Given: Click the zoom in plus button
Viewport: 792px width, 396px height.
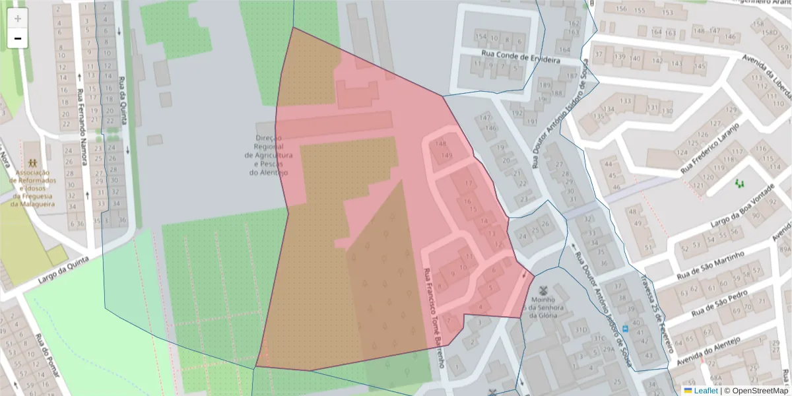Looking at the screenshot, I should pyautogui.click(x=17, y=18).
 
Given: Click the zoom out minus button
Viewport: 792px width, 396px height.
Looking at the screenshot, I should pyautogui.click(x=17, y=38).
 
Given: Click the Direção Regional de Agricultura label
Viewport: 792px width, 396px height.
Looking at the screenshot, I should pyautogui.click(x=269, y=155).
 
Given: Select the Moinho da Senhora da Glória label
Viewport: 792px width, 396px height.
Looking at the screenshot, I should pyautogui.click(x=544, y=307).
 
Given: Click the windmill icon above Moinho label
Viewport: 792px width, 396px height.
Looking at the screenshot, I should pyautogui.click(x=544, y=290).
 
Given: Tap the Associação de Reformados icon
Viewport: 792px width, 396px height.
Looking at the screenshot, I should pyautogui.click(x=32, y=163).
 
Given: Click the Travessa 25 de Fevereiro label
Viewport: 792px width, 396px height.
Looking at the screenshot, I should pyautogui.click(x=655, y=310).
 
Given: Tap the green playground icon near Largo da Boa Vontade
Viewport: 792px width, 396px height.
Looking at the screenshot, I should pyautogui.click(x=738, y=181).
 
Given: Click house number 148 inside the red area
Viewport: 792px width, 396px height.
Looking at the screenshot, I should pyautogui.click(x=440, y=144).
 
